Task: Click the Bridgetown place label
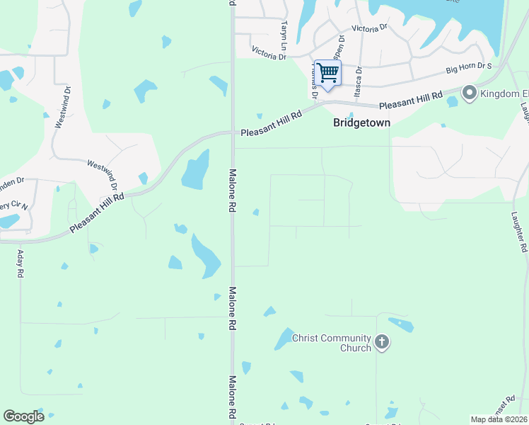pos(361,123)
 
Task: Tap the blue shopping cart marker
pos(327,74)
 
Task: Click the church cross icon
pos(382,344)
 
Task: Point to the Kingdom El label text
pos(504,93)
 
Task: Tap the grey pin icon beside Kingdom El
pos(469,93)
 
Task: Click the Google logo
pos(23,416)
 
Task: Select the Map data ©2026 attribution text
pos(499,419)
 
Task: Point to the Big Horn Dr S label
pos(468,69)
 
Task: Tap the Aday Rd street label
pos(21,263)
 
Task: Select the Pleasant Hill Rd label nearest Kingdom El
pos(410,100)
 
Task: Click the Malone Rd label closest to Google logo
pos(231,397)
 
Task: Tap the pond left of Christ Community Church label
pos(284,339)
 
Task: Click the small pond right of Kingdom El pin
pos(453,101)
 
